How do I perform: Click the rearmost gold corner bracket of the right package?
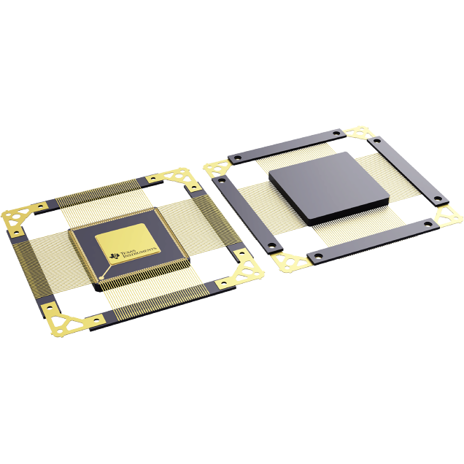(357, 134)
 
